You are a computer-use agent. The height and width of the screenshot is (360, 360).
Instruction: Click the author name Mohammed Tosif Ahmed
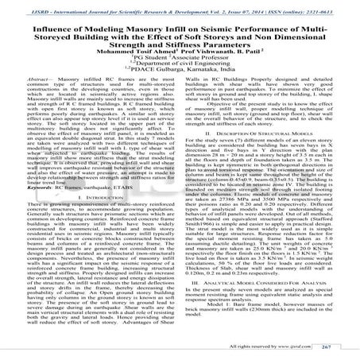pyautogui.click(x=119, y=56)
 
